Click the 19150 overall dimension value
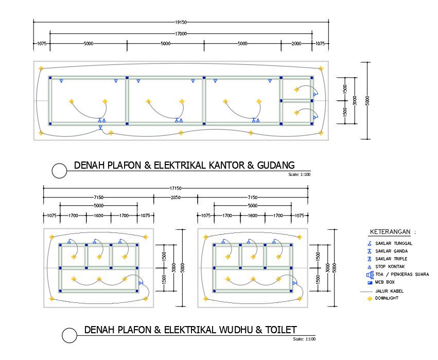[x=180, y=22]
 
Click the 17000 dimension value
[x=180, y=33]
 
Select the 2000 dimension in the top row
[x=296, y=44]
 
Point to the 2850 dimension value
[x=176, y=197]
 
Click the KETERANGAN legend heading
[x=392, y=231]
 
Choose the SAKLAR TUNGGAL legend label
[x=394, y=243]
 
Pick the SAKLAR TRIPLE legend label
[x=392, y=259]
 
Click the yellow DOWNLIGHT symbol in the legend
[x=369, y=298]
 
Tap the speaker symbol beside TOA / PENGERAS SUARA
[x=369, y=275]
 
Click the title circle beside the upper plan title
[x=60, y=171]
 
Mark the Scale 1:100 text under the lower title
[x=304, y=339]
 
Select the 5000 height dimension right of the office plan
[x=367, y=101]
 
